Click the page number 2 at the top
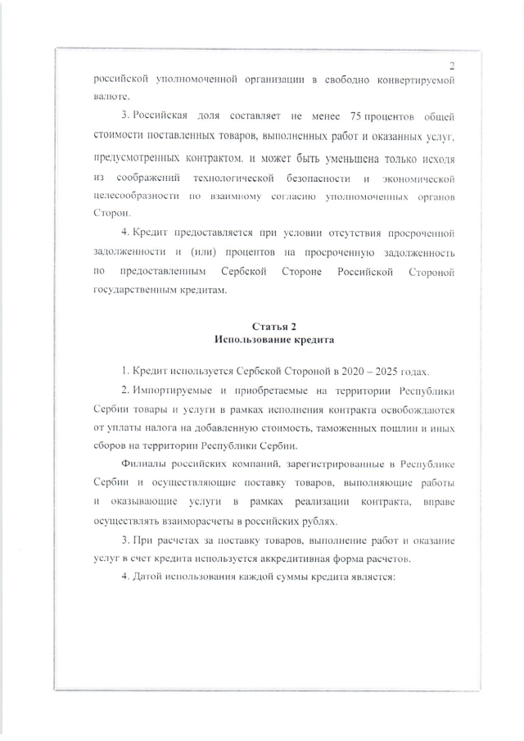coord(451,65)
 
